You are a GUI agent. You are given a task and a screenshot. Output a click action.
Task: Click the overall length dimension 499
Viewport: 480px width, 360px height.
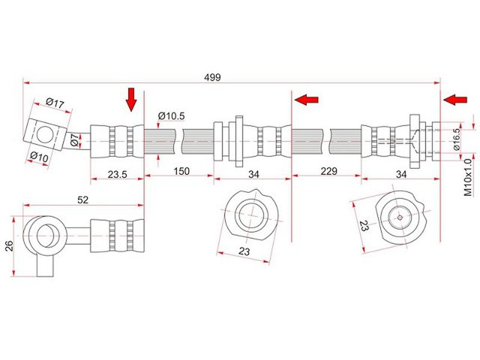212,77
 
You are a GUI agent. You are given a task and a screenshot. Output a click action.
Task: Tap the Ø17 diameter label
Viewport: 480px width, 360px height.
55,103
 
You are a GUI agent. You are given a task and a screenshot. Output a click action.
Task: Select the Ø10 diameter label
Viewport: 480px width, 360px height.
39,157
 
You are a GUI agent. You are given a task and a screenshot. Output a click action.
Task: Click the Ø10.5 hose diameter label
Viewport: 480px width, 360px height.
171,116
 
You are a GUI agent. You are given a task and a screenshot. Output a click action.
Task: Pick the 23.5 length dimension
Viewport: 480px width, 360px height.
117,174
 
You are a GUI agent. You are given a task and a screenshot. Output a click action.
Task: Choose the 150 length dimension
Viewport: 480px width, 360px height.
182,171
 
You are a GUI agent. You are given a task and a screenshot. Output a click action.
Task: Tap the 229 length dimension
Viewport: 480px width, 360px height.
329,171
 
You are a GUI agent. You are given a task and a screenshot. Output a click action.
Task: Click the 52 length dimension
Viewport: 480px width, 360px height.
83,200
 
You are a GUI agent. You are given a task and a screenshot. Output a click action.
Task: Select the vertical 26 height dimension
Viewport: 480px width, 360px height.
10,246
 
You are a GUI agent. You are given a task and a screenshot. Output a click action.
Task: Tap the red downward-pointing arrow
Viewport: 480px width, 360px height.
132,99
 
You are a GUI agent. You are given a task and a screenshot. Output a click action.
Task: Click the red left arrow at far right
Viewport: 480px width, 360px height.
455,99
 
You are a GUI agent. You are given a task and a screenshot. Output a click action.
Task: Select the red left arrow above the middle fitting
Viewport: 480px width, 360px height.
306,99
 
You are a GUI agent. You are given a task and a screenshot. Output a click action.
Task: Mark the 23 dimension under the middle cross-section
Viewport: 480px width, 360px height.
244,252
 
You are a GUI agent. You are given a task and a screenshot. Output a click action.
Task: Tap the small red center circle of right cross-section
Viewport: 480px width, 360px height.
400,217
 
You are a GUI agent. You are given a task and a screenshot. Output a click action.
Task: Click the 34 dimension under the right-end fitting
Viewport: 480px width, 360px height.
401,174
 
